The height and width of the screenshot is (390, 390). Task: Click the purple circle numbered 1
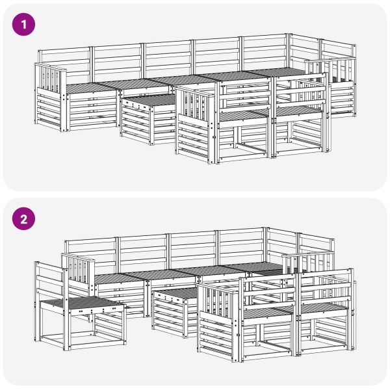[x=23, y=25]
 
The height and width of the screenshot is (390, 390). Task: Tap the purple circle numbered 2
[x=23, y=219]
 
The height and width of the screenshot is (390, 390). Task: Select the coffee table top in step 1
[x=149, y=100]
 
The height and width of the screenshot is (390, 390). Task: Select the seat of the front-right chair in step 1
[x=298, y=112]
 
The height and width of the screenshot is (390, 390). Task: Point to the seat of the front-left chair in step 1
[x=245, y=115]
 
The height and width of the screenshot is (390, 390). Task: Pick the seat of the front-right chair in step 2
[x=323, y=308]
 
